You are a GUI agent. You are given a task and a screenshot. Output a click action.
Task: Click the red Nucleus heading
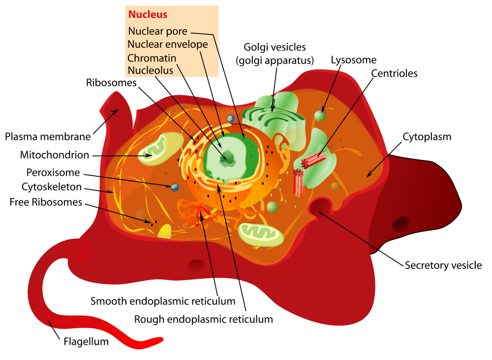[x=148, y=14]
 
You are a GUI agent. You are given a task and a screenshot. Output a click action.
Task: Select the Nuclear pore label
[x=157, y=31]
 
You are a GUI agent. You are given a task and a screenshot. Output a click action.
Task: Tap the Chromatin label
[x=152, y=58]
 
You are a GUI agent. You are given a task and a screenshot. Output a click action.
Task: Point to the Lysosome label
[x=354, y=60]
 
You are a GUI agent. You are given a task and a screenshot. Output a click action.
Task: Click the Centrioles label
[x=394, y=73]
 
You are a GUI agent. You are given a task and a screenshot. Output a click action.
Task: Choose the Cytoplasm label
[x=427, y=137]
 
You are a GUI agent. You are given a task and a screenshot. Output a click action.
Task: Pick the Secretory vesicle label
[x=443, y=265]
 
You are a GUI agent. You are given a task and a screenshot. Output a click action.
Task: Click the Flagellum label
[x=86, y=341]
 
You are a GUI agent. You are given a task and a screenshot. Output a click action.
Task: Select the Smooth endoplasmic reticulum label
[x=163, y=301]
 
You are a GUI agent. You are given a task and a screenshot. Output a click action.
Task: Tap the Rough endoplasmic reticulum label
[x=203, y=319]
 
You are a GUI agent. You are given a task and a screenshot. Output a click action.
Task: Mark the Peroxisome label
[x=53, y=172]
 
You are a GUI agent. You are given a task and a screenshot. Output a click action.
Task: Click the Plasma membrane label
[x=48, y=136]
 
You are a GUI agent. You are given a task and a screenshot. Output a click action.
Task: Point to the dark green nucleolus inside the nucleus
[x=228, y=158]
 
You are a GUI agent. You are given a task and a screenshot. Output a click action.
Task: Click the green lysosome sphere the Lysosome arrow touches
[x=320, y=116]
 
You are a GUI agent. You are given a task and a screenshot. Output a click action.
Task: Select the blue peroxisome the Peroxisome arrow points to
[x=175, y=188]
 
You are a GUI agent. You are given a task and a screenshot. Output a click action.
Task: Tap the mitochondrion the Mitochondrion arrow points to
[x=160, y=149]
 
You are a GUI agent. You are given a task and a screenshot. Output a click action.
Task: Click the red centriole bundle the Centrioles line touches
[x=313, y=160]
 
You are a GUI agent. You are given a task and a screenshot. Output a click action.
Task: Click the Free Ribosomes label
[x=46, y=202]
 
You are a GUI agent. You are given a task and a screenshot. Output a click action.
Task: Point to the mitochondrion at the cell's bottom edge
[x=261, y=234]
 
